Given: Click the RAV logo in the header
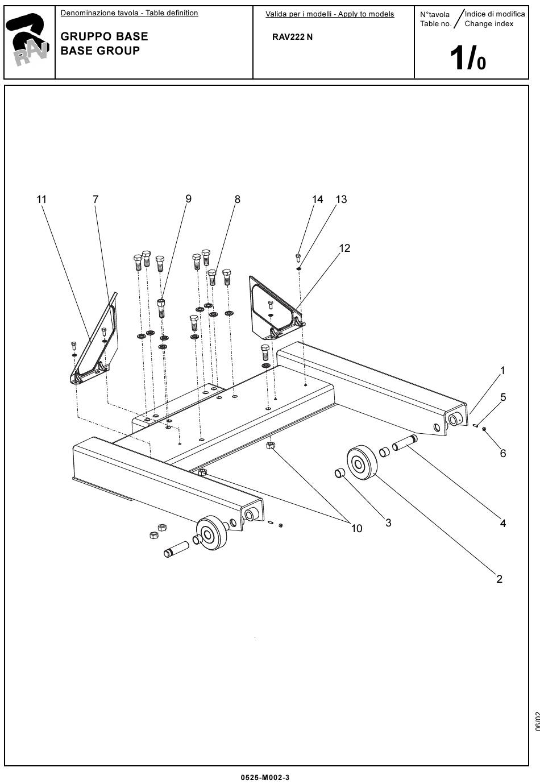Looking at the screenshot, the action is [x=28, y=40].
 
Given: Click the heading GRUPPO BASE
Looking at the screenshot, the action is [x=104, y=36].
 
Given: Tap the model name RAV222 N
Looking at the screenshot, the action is [x=292, y=37].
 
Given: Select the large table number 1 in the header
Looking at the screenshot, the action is [x=456, y=58].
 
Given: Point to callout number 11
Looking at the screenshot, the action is [x=41, y=200].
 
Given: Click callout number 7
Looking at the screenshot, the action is [x=95, y=200].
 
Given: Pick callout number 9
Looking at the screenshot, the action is [x=188, y=199].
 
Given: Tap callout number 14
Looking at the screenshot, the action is [x=317, y=200].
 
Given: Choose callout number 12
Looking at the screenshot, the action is [x=344, y=248].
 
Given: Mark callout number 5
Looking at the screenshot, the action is [x=503, y=397].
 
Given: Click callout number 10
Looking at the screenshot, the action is [x=356, y=529].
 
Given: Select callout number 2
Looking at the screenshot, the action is [x=500, y=579].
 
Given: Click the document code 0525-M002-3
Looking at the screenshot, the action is [x=265, y=778].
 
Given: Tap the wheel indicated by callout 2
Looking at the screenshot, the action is [x=362, y=462].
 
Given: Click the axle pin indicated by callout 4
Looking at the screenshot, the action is [x=405, y=442].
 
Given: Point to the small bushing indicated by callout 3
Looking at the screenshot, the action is [x=340, y=474].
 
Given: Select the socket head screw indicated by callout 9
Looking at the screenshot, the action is [x=161, y=308].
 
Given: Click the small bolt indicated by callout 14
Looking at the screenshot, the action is [x=298, y=258].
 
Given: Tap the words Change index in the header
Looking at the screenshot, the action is [x=489, y=24].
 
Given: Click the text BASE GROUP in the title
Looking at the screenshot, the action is [x=100, y=51].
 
